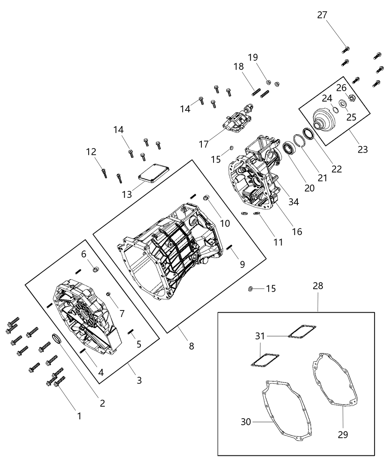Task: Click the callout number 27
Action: [x=322, y=15]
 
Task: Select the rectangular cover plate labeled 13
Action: [x=154, y=173]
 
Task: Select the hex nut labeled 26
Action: [x=351, y=98]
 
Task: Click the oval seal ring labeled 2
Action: [x=58, y=338]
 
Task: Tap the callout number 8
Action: [x=191, y=346]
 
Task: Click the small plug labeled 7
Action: [x=109, y=294]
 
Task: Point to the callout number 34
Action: [x=293, y=202]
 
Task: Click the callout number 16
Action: [x=297, y=231]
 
